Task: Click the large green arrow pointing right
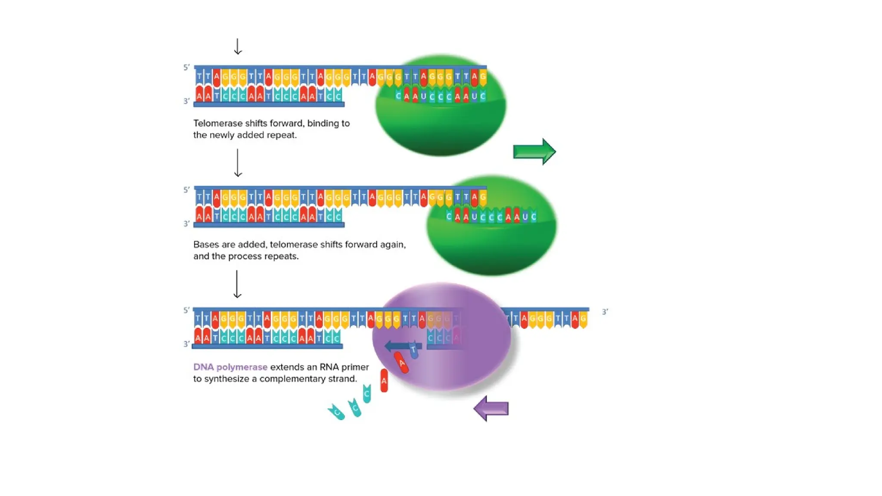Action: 534,152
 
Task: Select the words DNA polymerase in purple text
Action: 230,367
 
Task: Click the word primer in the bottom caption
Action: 355,367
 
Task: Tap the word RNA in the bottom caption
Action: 329,367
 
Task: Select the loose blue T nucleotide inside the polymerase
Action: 414,350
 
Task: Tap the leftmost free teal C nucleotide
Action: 336,412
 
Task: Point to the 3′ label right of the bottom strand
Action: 605,312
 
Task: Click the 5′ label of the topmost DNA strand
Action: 186,68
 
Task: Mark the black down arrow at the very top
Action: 238,46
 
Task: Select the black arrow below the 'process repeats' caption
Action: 237,284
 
